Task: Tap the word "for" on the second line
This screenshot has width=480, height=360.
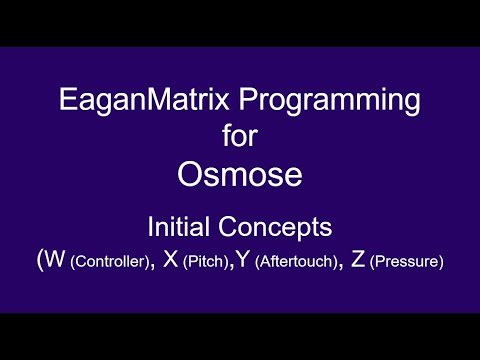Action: [x=240, y=135]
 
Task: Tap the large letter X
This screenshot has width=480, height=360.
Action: [x=171, y=261]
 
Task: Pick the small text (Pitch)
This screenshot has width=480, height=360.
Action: [x=205, y=263]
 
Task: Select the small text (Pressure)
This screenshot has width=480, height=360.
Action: [x=407, y=263]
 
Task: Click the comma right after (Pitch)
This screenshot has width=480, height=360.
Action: [x=230, y=268]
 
